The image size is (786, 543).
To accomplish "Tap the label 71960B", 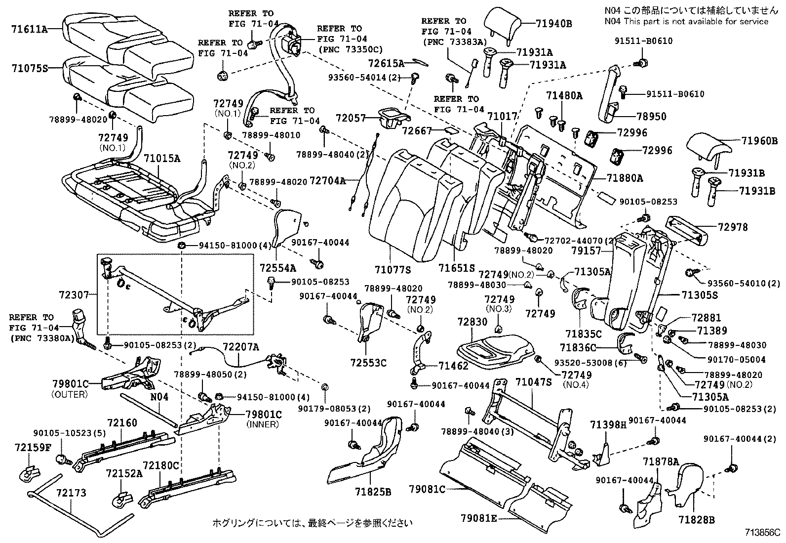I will tap(759, 141).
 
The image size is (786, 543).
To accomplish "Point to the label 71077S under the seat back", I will tap(393, 270).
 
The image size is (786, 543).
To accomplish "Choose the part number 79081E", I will tap(479, 518).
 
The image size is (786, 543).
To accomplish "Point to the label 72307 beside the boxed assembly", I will tap(74, 295).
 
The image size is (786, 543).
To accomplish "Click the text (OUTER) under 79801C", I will tap(70, 394).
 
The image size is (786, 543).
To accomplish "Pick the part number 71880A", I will tap(625, 178).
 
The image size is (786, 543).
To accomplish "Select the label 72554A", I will tap(277, 268).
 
